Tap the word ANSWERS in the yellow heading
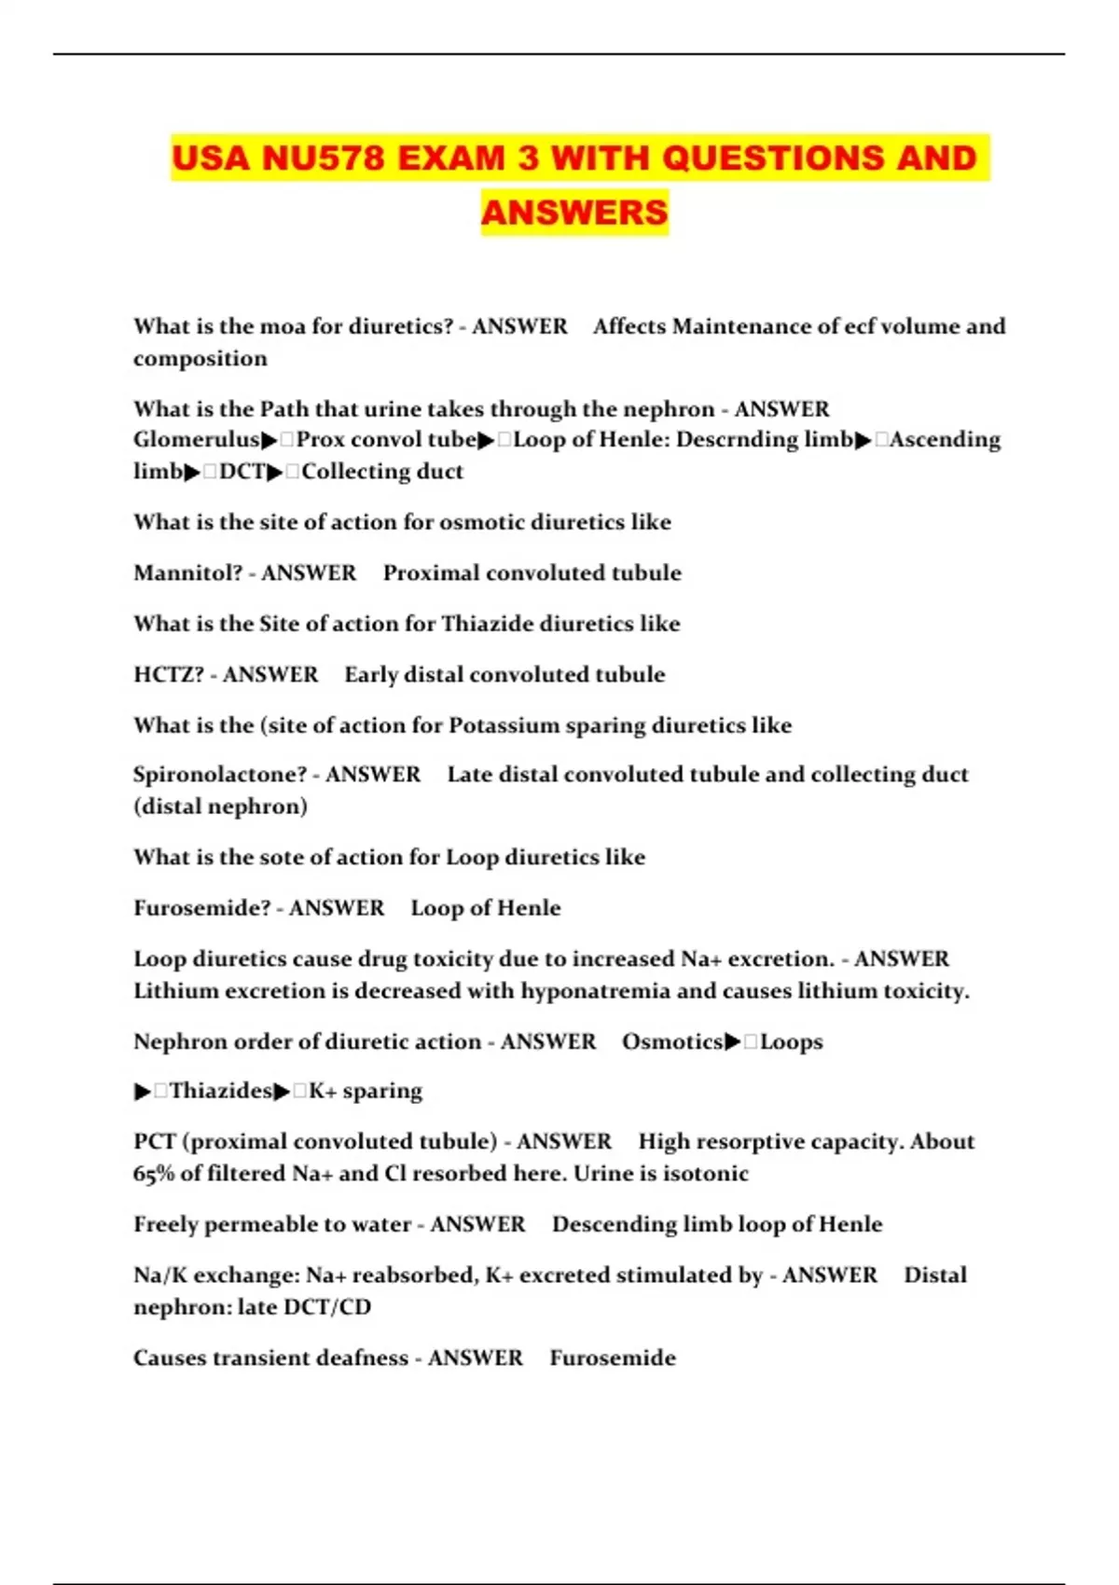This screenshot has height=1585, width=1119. (x=574, y=213)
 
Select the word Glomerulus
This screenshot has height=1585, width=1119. (x=196, y=439)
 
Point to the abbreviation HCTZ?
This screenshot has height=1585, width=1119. (x=169, y=674)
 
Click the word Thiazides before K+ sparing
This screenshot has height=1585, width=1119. (x=220, y=1090)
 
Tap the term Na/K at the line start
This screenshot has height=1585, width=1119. (x=160, y=1275)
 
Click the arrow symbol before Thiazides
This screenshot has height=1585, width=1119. (x=142, y=1091)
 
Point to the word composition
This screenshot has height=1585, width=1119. (x=200, y=358)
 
